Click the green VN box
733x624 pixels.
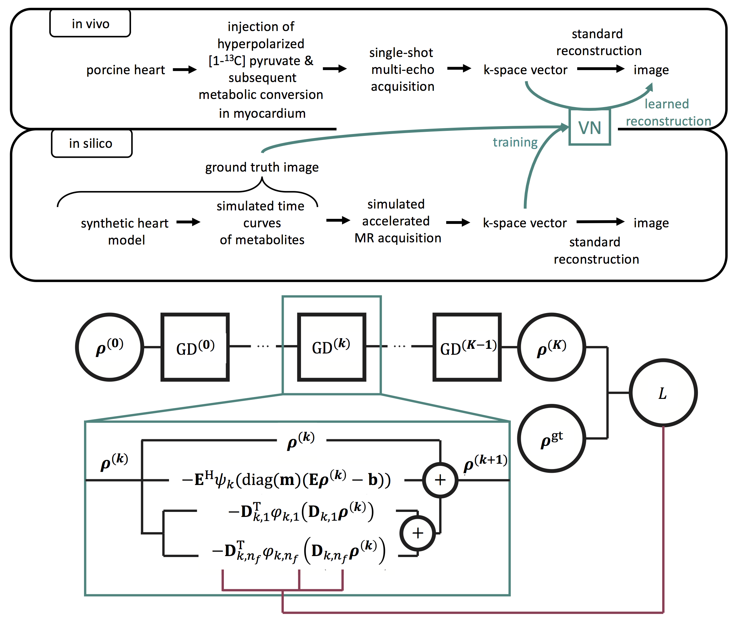click(589, 127)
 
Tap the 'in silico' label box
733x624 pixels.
click(91, 143)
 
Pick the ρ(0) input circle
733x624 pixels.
click(110, 347)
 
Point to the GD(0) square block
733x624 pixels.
click(195, 347)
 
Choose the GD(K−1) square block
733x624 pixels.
click(467, 347)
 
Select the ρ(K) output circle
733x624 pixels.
click(551, 347)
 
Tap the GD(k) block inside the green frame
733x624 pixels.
click(331, 347)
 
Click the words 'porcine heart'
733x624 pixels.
click(126, 70)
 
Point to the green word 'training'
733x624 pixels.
click(515, 142)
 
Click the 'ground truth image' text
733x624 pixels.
click(262, 167)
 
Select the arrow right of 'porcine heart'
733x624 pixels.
click(185, 70)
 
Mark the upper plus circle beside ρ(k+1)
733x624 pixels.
click(440, 480)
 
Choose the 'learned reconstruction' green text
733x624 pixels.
click(668, 112)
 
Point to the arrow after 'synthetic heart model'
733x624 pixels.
click(188, 222)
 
